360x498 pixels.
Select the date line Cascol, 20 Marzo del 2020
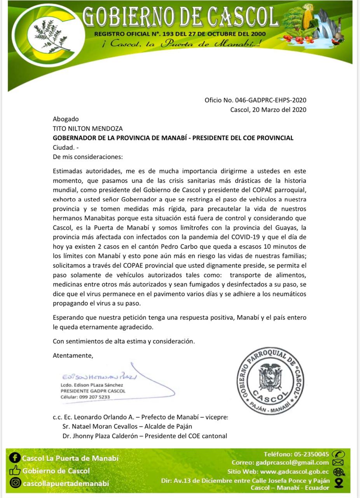(x=268, y=110)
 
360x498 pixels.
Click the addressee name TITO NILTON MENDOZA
(x=88, y=128)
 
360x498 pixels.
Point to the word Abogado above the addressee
(x=66, y=119)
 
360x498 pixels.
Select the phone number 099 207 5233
(x=94, y=397)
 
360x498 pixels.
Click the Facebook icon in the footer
(x=15, y=458)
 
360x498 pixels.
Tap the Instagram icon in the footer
(x=15, y=483)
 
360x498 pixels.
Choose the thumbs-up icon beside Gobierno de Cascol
(x=15, y=471)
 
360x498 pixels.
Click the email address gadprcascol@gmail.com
(x=292, y=463)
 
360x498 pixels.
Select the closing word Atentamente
(x=73, y=355)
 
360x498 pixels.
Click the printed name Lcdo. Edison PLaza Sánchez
(x=92, y=385)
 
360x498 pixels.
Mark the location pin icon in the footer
(x=339, y=483)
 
